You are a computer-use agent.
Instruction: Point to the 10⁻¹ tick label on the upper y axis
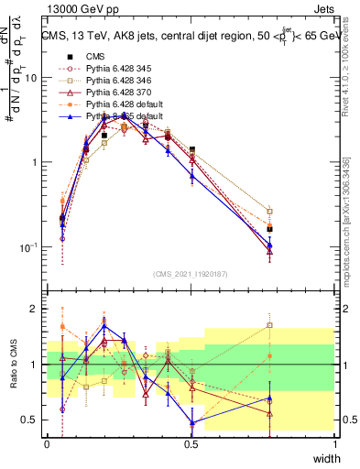click(27, 247)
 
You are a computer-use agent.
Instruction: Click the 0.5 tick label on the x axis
click(191, 443)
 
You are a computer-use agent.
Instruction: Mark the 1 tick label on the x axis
click(335, 443)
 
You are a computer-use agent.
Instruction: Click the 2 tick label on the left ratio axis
click(35, 309)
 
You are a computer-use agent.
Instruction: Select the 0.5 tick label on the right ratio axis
click(349, 420)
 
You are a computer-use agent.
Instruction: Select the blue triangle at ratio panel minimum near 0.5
click(191, 423)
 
